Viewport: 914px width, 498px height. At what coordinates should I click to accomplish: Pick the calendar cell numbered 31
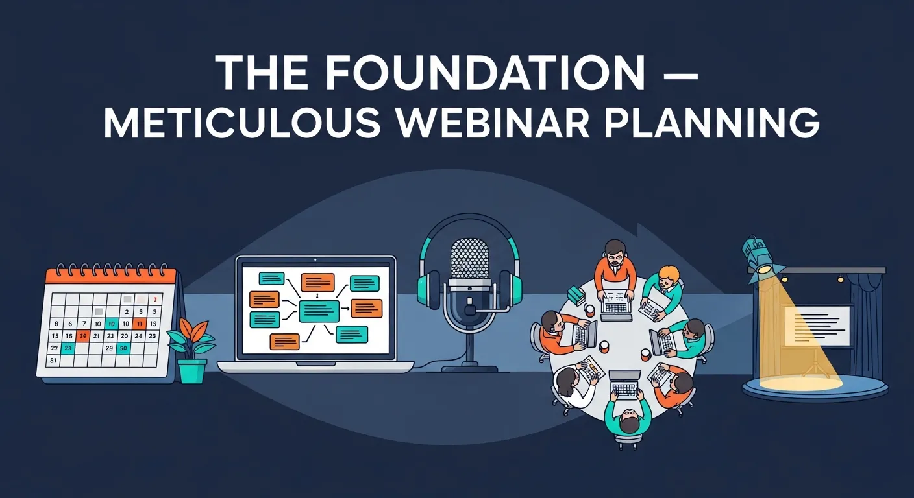pos(54,361)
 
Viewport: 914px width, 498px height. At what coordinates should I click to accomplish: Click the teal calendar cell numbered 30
pos(123,348)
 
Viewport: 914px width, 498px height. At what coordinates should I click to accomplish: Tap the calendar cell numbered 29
pos(109,348)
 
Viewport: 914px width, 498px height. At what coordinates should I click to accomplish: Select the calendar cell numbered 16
pos(68,336)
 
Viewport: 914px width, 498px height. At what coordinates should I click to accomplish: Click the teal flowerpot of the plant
pos(191,370)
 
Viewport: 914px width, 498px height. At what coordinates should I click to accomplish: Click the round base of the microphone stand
pos(469,368)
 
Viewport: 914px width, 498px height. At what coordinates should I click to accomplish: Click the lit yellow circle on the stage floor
pos(800,383)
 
